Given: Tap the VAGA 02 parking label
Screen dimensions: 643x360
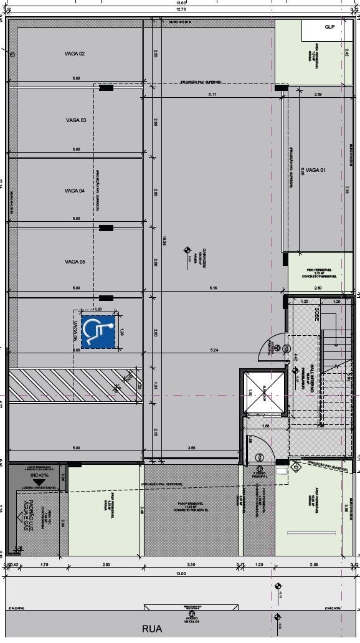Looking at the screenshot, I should (75, 54).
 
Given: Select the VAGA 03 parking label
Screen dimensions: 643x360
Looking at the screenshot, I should (75, 120).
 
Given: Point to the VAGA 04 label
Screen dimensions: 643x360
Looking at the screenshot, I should (75, 191).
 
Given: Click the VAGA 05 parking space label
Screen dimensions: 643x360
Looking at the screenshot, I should (75, 262).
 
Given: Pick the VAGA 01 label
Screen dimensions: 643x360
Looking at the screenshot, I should (316, 170).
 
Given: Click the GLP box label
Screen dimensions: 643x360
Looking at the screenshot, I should (329, 27).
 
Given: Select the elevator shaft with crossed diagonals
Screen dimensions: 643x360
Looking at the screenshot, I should (262, 393).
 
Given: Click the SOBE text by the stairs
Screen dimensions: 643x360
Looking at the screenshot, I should (317, 313).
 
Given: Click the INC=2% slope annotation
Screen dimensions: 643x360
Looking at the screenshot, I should (39, 475).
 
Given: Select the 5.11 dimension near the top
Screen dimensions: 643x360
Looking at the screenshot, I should (212, 94).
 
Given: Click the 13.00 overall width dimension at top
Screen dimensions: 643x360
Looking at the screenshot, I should (180, 3).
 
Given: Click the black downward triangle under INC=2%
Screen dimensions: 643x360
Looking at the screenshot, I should (39, 483).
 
